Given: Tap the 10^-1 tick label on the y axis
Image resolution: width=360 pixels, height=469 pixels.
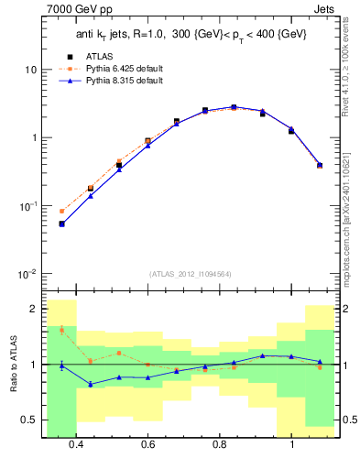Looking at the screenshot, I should (x=27, y=207).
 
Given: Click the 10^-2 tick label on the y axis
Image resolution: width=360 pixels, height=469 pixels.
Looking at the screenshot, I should (x=27, y=275).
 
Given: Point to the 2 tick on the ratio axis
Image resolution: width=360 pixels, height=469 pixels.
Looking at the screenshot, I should (x=34, y=309).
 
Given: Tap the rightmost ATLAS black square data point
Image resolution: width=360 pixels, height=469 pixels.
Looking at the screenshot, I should (x=320, y=166).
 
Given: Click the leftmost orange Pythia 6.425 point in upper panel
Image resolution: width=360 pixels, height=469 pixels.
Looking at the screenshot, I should (x=61, y=211).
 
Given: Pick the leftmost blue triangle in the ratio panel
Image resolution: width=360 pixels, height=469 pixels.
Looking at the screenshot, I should (x=61, y=365).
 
